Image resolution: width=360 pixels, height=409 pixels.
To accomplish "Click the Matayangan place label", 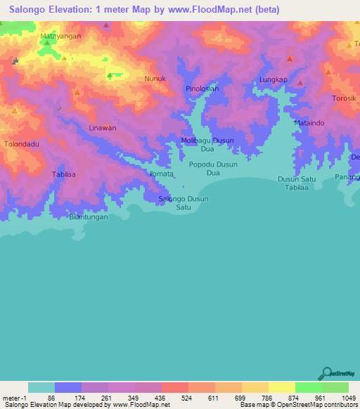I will pyautogui.click(x=60, y=35).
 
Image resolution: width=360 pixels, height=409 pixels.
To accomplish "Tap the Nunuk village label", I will pyautogui.click(x=155, y=79).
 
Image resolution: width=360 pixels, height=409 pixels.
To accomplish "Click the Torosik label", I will pyautogui.click(x=345, y=98).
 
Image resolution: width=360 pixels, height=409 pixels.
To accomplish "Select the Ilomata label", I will pyautogui.click(x=161, y=173).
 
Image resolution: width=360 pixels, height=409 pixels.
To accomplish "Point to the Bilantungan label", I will pyautogui.click(x=88, y=217).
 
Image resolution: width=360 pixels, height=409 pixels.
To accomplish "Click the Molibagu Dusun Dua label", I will pyautogui.click(x=207, y=145).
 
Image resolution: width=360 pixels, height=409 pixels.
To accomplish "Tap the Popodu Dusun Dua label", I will pyautogui.click(x=214, y=168).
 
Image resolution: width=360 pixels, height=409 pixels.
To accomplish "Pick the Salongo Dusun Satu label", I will pyautogui.click(x=184, y=203).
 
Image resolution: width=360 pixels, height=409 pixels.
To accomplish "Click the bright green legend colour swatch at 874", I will pyautogui.click(x=308, y=387).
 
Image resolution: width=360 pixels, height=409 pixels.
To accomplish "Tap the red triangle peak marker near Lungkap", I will pyautogui.click(x=288, y=59).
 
